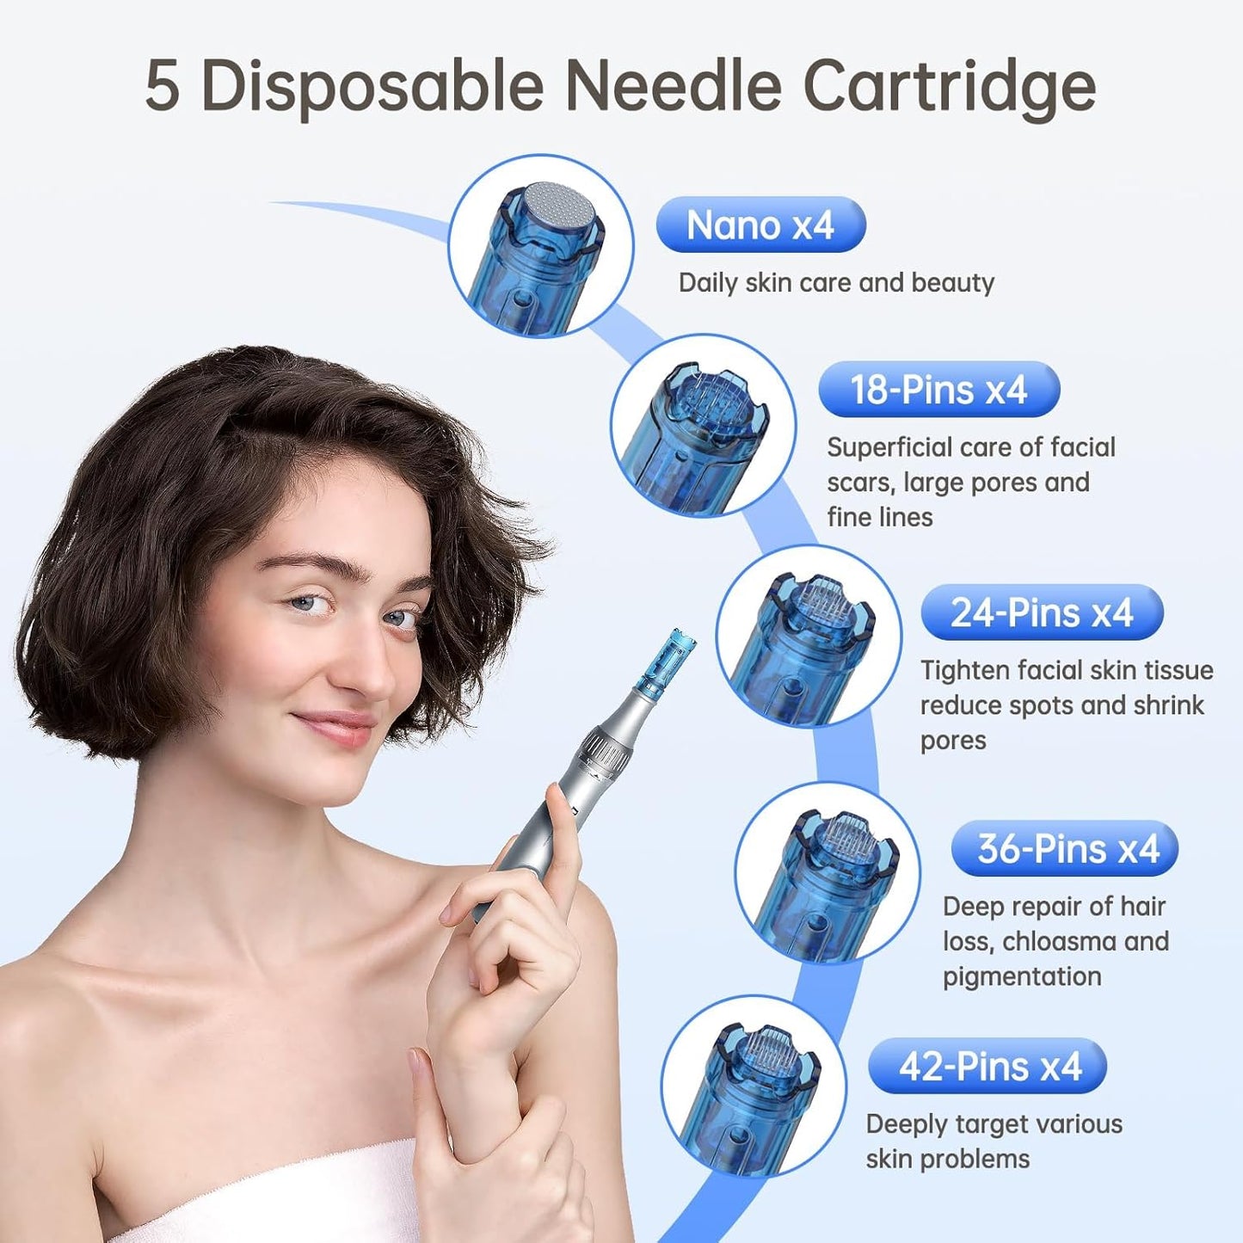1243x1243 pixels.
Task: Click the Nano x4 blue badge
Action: click(x=760, y=225)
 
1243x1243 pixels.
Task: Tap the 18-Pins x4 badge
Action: click(x=938, y=390)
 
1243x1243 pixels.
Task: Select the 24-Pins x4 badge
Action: click(x=1042, y=612)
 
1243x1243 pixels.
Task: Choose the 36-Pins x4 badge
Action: click(x=1065, y=849)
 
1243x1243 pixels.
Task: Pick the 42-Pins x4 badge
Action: click(x=988, y=1067)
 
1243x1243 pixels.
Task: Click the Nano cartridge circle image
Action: click(x=540, y=247)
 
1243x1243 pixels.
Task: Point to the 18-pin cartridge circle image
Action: click(x=703, y=427)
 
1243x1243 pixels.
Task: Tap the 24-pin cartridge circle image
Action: click(x=809, y=637)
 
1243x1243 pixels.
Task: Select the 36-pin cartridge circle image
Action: click(x=828, y=873)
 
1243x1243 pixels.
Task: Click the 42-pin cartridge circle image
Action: click(x=753, y=1086)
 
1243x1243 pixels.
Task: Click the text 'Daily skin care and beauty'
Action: click(x=836, y=283)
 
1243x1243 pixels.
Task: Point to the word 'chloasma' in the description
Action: click(x=1059, y=941)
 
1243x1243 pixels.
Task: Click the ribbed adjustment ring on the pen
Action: click(x=607, y=747)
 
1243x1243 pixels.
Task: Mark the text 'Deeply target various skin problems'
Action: click(x=994, y=1141)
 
